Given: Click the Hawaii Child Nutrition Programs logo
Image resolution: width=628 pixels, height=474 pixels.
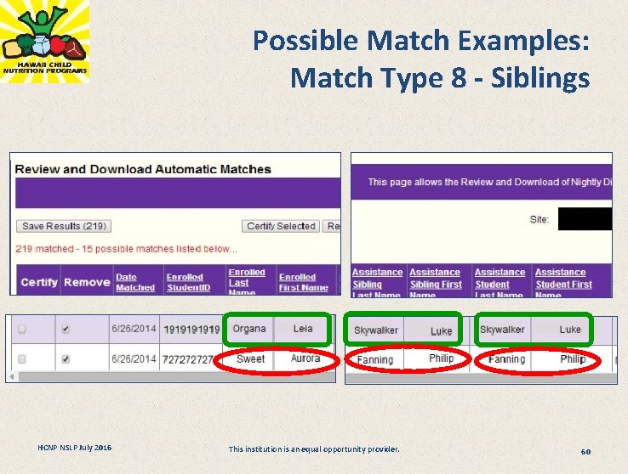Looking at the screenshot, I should coord(44,42).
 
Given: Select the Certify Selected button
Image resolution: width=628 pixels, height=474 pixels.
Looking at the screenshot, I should coord(281,226).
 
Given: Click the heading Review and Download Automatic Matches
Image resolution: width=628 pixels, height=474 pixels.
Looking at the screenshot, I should coord(143,169).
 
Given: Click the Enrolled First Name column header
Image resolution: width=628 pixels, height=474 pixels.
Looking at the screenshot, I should coord(303,282).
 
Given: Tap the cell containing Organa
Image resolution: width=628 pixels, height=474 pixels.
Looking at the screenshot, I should coord(249,329).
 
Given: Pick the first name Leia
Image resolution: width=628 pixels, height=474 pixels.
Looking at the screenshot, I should coord(303,329).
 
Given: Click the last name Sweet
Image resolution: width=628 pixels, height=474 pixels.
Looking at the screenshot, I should coord(250,358).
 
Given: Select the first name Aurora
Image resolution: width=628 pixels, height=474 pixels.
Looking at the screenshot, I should coord(305,358).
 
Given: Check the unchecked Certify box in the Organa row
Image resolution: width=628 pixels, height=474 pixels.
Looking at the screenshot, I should coord(22,330).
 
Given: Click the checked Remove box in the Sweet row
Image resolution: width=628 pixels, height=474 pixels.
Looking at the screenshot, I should coord(66,359).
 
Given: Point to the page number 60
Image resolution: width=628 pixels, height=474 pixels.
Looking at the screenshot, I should coord(585,451).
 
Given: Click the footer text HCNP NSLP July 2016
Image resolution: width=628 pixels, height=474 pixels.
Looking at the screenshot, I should coord(74,448).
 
